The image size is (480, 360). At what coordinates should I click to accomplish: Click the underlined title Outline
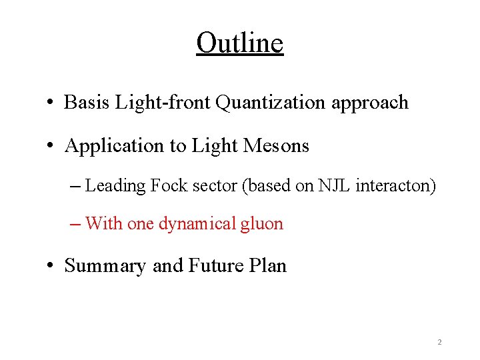click(x=240, y=43)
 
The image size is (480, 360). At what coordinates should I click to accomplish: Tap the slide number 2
click(x=439, y=342)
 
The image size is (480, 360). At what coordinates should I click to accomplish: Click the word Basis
click(x=87, y=103)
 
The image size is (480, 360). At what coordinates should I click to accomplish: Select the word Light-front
click(x=163, y=103)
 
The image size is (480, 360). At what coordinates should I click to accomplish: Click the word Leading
click(x=115, y=186)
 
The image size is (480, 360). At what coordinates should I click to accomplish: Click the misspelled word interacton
click(x=396, y=185)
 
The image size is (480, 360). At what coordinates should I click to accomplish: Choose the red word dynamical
click(x=197, y=224)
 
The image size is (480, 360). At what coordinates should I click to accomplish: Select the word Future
click(x=217, y=265)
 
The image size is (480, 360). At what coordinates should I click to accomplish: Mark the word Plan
click(x=269, y=265)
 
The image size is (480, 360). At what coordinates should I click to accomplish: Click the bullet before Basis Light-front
click(x=51, y=103)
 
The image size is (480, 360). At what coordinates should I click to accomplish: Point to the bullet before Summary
click(x=51, y=266)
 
